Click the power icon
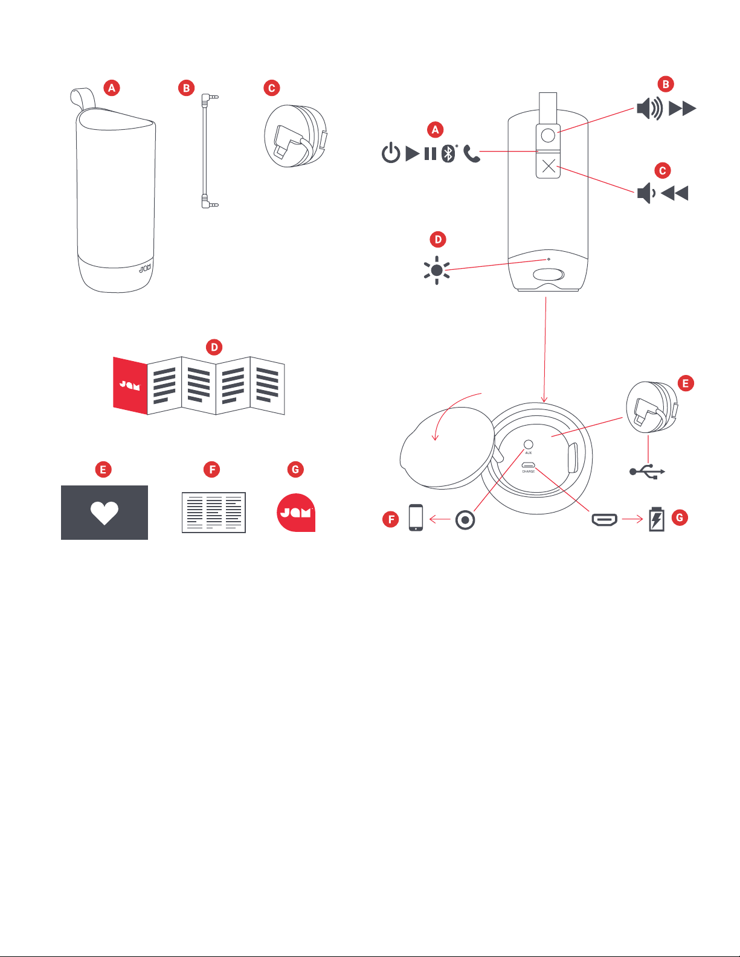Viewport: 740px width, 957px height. tap(391, 153)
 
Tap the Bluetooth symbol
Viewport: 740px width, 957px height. tap(448, 153)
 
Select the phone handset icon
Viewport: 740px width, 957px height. tap(472, 154)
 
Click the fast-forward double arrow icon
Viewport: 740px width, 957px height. tap(683, 109)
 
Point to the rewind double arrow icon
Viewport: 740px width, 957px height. tap(675, 193)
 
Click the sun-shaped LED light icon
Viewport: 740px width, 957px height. tap(437, 270)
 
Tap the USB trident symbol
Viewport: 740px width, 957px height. tap(647, 472)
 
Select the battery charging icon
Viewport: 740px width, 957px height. tap(656, 519)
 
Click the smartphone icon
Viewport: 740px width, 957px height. tap(416, 517)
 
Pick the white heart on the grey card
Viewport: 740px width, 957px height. tap(105, 513)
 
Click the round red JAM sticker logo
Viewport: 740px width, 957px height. tap(296, 513)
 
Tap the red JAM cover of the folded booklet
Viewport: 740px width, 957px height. tap(130, 385)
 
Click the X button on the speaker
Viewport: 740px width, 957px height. tap(549, 166)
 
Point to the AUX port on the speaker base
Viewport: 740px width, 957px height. tap(529, 444)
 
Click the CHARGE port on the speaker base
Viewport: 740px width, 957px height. tap(529, 466)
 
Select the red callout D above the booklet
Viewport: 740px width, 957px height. tap(214, 347)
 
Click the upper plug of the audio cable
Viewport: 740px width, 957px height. tap(208, 97)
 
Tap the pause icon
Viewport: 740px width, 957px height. tap(430, 153)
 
